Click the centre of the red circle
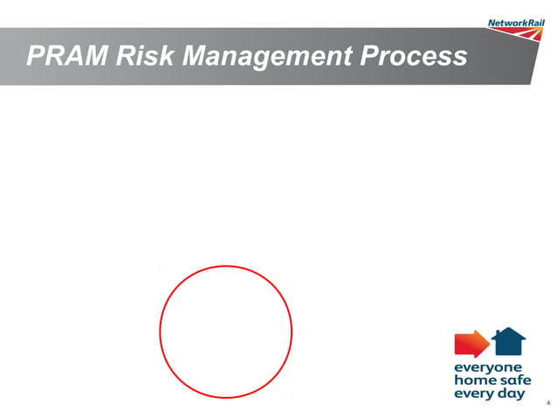(225, 332)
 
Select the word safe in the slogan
(512, 381)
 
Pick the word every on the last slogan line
(472, 394)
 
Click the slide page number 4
(547, 403)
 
